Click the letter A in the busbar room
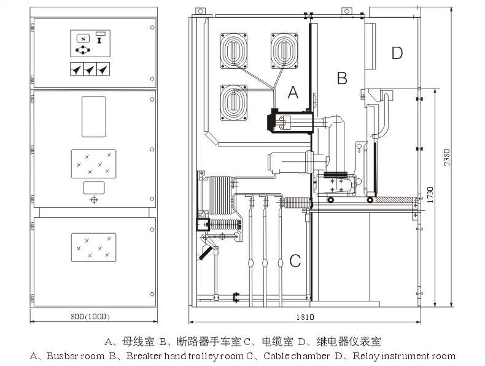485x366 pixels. pos(293,93)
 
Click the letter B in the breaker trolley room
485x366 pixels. pos(343,78)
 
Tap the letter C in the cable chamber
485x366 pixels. pos(295,261)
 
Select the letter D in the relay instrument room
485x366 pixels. pos(397,53)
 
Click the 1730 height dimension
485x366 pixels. pos(432,195)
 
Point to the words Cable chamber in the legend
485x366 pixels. pos(297,356)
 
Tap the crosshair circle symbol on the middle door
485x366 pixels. pos(93,200)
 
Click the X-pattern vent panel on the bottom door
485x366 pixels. pos(93,246)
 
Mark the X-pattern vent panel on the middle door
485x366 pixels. pos(93,163)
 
